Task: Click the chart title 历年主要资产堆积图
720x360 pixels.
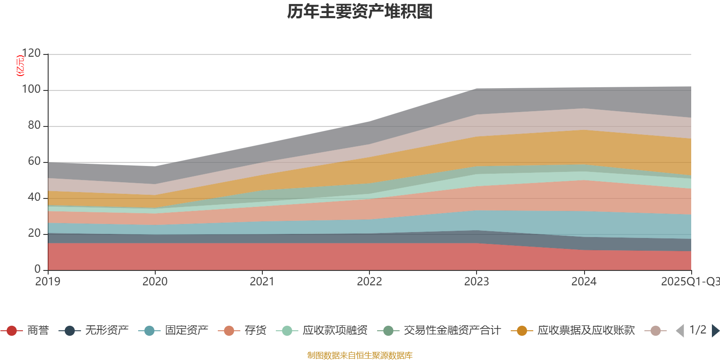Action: point(360,12)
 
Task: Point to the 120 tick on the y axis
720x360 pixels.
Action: point(31,54)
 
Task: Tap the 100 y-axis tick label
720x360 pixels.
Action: point(31,90)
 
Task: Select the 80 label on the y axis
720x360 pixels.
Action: point(34,126)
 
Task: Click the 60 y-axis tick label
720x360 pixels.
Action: point(34,162)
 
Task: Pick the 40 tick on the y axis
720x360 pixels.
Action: point(34,198)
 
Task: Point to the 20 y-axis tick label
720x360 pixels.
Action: point(34,234)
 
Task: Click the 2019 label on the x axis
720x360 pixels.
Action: point(48,282)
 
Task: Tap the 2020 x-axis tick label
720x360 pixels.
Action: point(155,282)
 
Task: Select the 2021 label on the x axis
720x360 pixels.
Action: point(262,282)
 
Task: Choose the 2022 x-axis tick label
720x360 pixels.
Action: point(369,282)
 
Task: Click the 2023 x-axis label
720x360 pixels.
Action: point(477,282)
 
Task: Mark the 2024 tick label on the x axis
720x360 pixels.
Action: point(584,282)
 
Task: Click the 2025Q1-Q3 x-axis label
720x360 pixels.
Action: point(690,282)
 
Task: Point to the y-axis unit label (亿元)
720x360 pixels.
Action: point(20,66)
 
